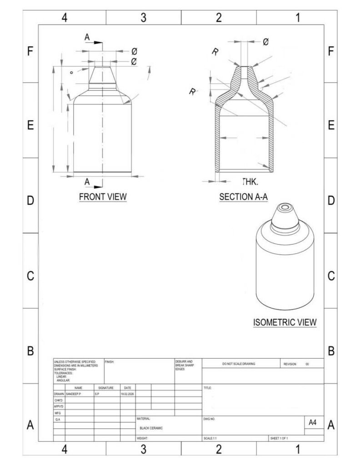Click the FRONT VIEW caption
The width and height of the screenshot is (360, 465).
[x=103, y=197]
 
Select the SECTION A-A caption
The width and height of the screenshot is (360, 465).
[x=243, y=197]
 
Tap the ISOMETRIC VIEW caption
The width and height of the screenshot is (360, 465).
[x=285, y=322]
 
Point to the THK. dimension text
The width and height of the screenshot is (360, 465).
[x=250, y=182]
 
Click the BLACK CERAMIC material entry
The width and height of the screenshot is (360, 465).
[x=151, y=428]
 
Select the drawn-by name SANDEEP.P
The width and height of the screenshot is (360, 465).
[x=73, y=394]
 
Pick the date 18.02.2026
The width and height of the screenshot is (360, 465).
[x=127, y=394]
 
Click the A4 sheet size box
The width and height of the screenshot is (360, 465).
[x=313, y=422]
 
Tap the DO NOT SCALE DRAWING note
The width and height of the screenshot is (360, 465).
[x=239, y=364]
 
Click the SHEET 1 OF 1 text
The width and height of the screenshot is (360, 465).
[x=279, y=438]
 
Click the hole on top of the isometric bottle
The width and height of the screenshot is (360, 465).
[x=285, y=208]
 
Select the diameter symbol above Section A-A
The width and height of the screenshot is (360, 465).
[x=265, y=42]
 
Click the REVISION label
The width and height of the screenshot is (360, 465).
[x=290, y=364]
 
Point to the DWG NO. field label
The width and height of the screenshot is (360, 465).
[x=209, y=420]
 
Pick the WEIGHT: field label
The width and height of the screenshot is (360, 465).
[x=143, y=438]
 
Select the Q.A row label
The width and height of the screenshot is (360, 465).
[x=58, y=420]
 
